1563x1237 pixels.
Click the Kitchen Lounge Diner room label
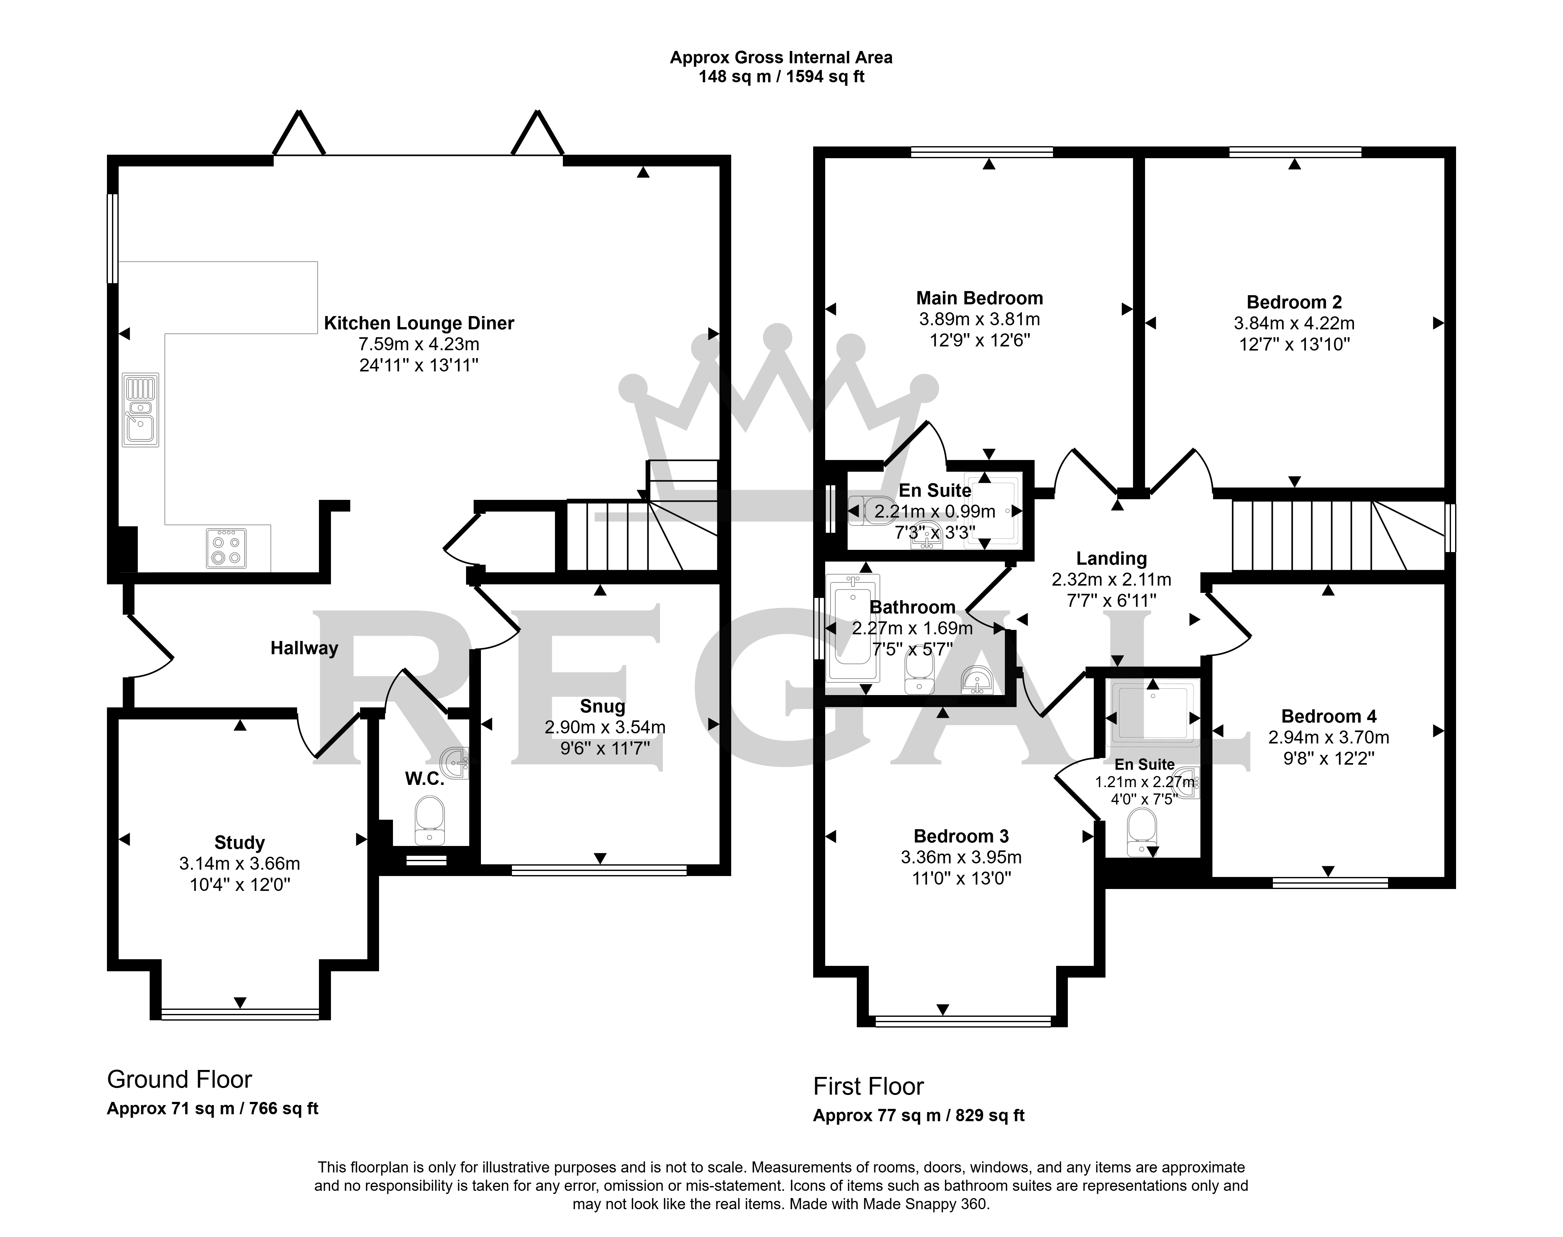click(419, 323)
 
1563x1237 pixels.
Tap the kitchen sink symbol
click(140, 410)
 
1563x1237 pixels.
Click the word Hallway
click(304, 648)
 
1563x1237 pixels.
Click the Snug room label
click(603, 706)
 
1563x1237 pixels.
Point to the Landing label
click(1111, 558)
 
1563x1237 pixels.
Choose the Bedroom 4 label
click(1328, 716)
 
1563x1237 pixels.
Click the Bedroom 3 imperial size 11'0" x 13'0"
click(961, 879)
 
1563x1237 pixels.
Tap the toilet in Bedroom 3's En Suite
click(1142, 831)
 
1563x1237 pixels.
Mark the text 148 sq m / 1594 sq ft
click(781, 77)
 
